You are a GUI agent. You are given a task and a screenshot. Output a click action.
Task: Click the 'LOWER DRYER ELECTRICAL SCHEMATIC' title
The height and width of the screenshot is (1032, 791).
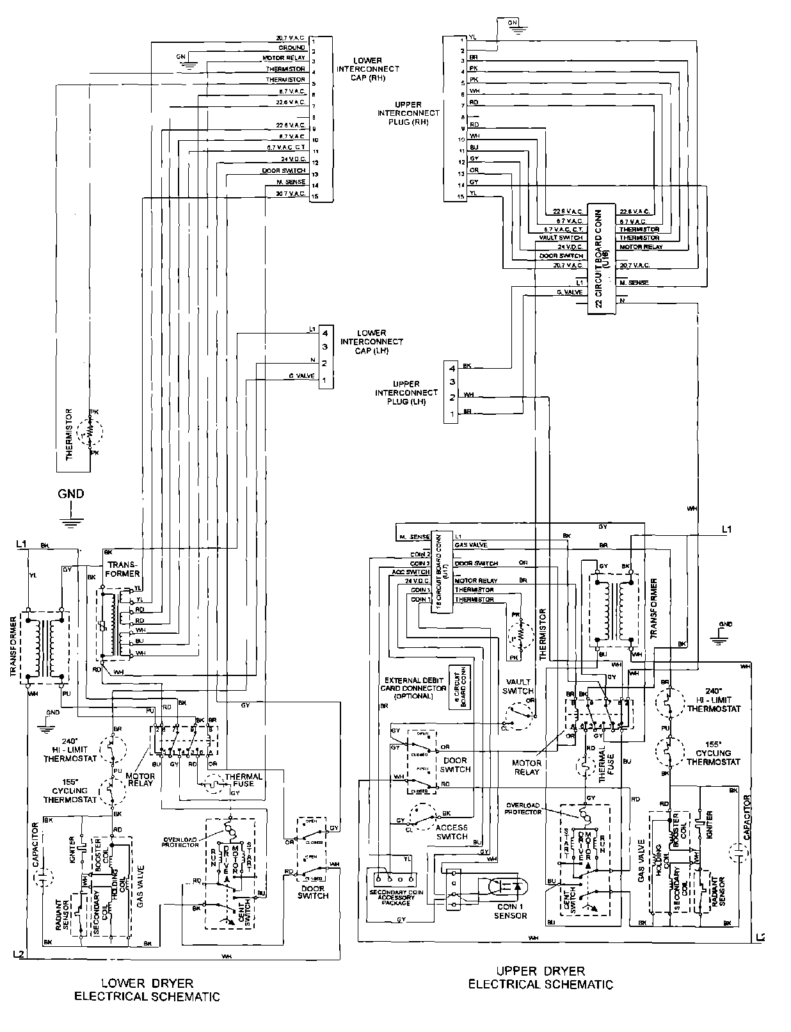point(147,989)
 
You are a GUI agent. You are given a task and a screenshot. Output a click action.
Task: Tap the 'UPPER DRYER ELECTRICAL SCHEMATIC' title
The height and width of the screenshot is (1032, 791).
point(541,978)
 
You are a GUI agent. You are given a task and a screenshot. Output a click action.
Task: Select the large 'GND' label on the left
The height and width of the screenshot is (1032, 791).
point(71,494)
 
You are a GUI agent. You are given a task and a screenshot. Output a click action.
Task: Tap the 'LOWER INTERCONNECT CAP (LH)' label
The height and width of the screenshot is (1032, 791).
point(372,342)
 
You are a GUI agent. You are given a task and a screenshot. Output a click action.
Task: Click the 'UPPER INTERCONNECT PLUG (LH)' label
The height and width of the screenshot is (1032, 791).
point(406,392)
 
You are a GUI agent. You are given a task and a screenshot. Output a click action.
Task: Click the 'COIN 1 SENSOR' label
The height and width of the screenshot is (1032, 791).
point(510,910)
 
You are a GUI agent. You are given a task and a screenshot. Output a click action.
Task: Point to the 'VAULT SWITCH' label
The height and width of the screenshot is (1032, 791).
point(519,686)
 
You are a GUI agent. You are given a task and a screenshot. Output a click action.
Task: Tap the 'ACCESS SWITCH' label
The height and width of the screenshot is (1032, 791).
point(452,831)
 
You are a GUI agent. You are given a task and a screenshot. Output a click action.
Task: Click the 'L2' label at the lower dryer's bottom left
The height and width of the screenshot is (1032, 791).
point(20,954)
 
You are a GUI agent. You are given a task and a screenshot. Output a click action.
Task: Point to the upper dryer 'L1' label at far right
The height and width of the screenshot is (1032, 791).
point(726,529)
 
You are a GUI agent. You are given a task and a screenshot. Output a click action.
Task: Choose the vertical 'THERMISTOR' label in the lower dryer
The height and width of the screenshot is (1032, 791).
point(69,435)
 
